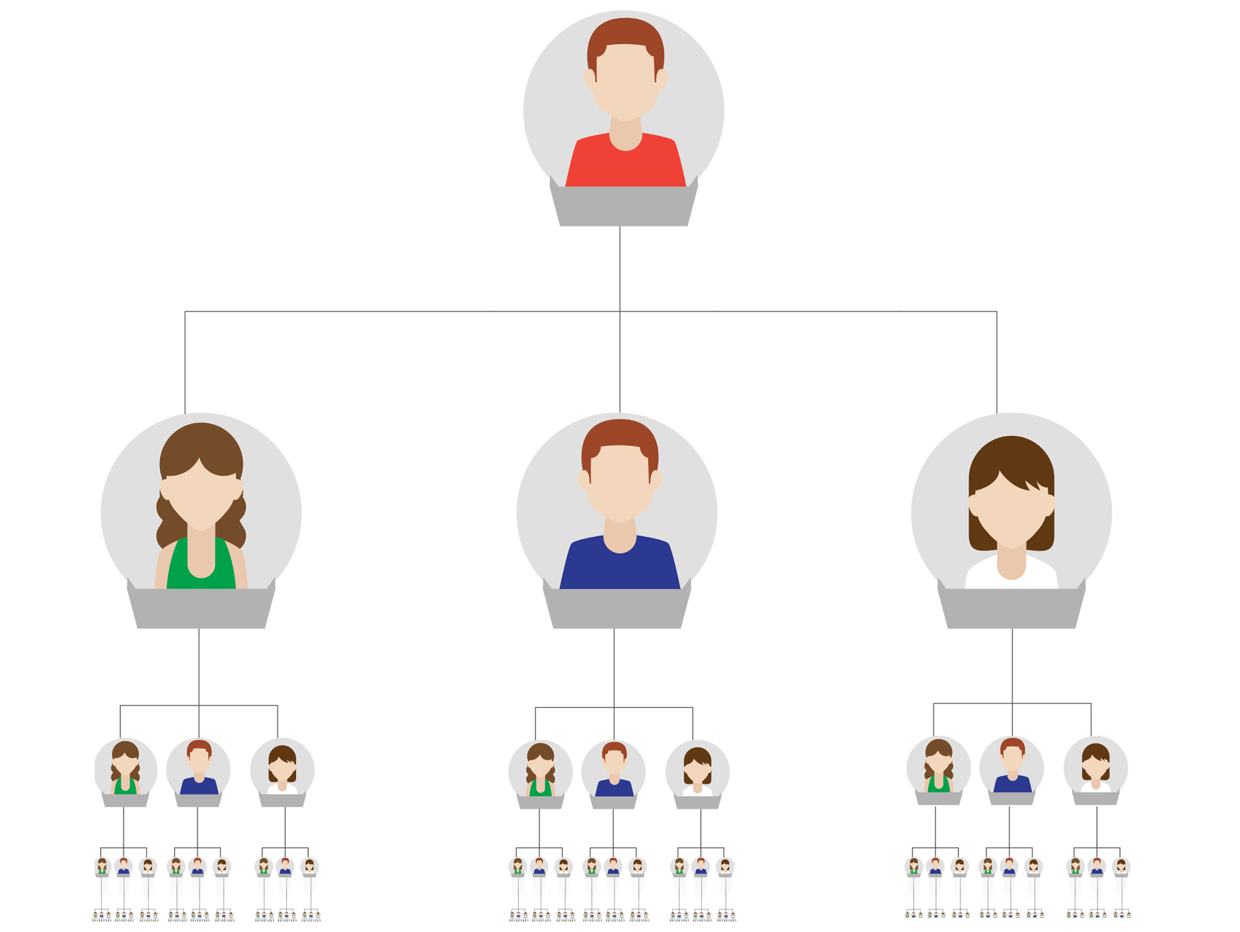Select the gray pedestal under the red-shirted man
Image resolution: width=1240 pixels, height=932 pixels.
coord(624,206)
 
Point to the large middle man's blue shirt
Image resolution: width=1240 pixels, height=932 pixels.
coord(619,567)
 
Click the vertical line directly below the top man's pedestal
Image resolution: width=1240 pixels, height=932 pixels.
coord(619,267)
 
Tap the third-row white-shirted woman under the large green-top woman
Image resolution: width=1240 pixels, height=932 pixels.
coord(282,769)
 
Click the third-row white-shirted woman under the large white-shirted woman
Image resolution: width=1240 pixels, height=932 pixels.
coord(1096,767)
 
